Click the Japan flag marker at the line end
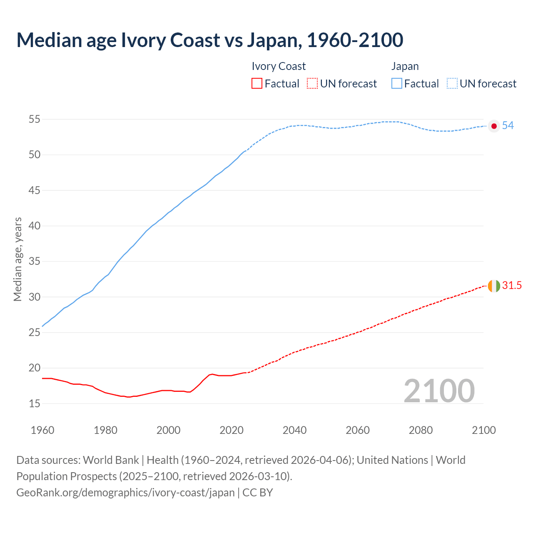pos(494,126)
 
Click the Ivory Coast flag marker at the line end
pos(494,286)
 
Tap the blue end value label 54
pos(508,126)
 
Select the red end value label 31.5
pos(512,286)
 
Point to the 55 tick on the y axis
pos(34,120)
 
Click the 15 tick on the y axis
pos(34,403)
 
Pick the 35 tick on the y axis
pos(34,262)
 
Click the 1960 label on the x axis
pos(42,430)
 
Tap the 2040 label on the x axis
pos(294,430)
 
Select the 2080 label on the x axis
pos(421,430)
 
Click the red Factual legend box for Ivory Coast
pos(257,84)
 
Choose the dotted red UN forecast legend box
pos(312,84)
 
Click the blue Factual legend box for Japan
pos(397,84)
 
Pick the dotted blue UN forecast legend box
pos(452,84)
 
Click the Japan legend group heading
pos(405,67)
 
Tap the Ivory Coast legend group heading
pos(279,67)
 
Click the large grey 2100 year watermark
pos(439,391)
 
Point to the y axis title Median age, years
pos(17,259)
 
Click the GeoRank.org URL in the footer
pos(125,493)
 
